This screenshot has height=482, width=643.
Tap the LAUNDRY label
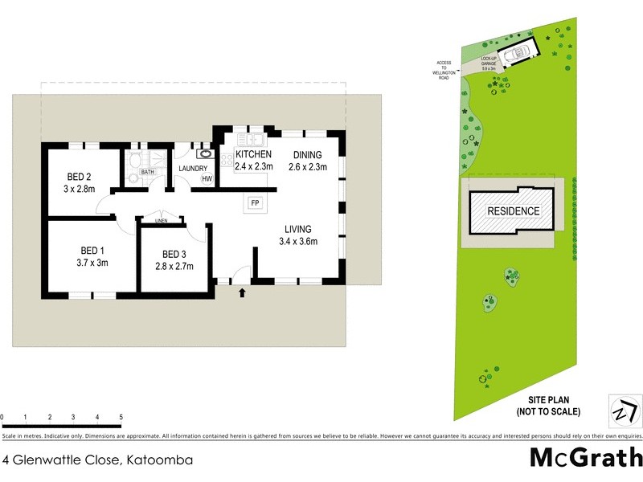pyautogui.click(x=193, y=168)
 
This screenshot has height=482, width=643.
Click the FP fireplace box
pyautogui.click(x=256, y=202)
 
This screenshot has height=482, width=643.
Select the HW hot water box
pyautogui.click(x=207, y=179)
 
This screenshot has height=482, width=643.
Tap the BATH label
pyautogui.click(x=147, y=171)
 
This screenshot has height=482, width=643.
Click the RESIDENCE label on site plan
pyautogui.click(x=514, y=211)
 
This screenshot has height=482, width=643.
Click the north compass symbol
pyautogui.click(x=623, y=411)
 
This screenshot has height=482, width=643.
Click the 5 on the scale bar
pyautogui.click(x=121, y=418)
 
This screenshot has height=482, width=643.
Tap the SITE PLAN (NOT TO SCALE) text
pyautogui.click(x=548, y=406)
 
